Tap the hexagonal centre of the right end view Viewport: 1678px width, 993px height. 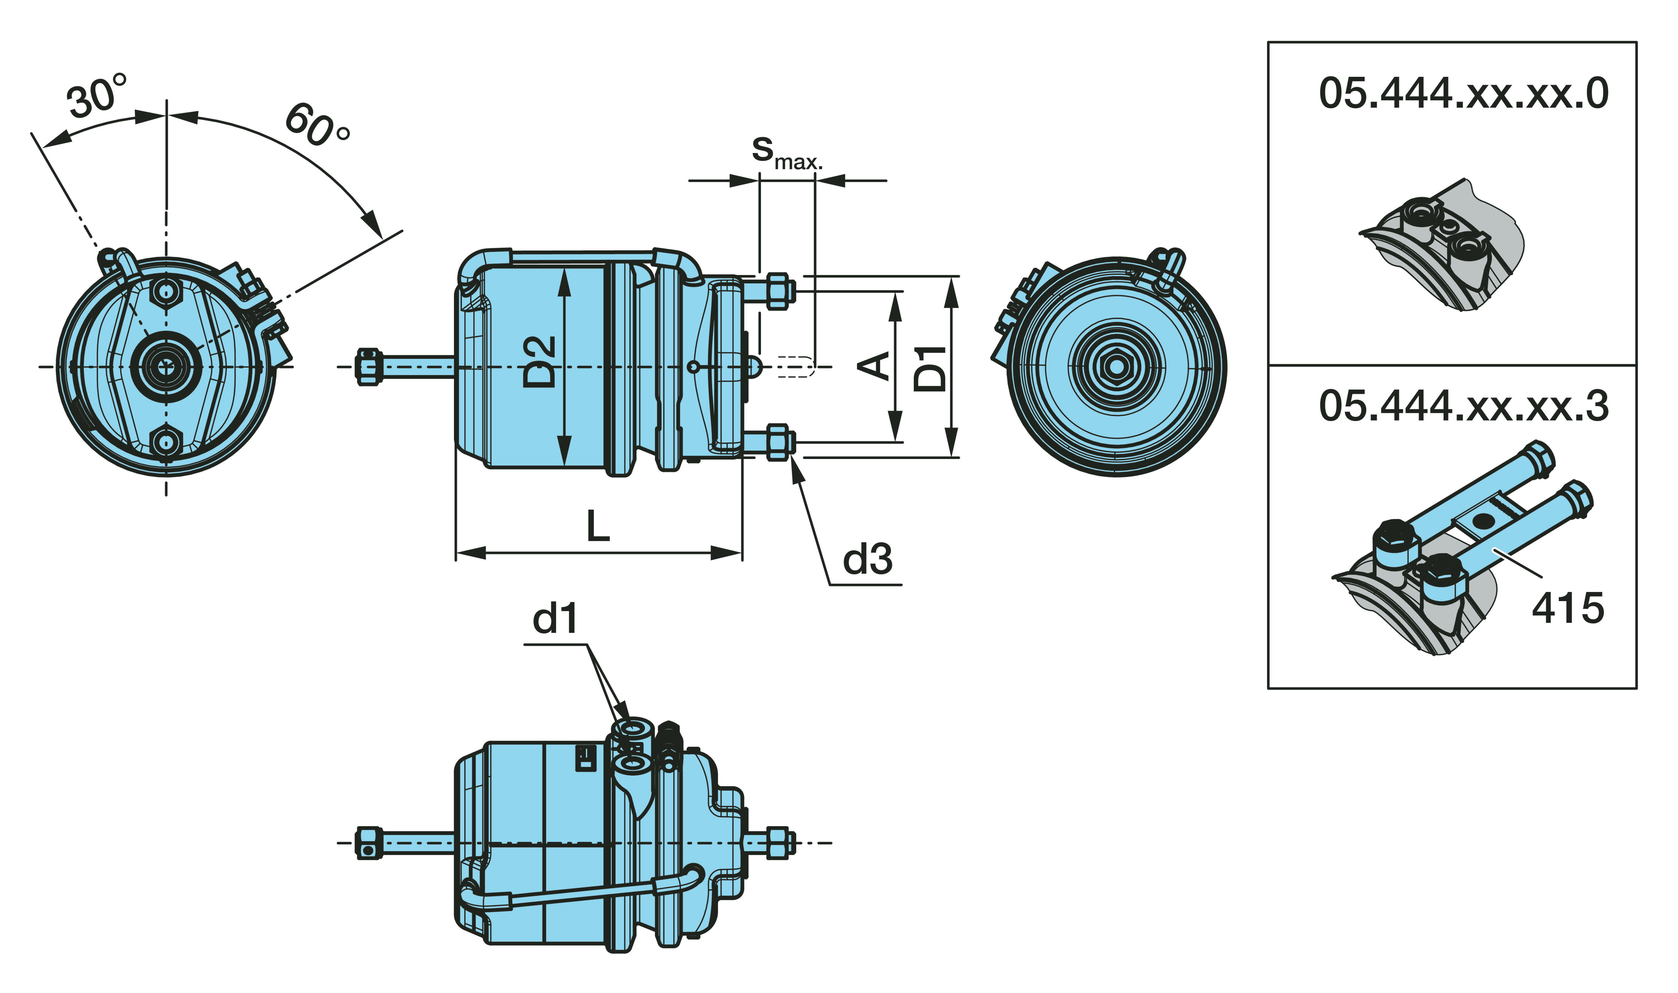(1115, 367)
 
